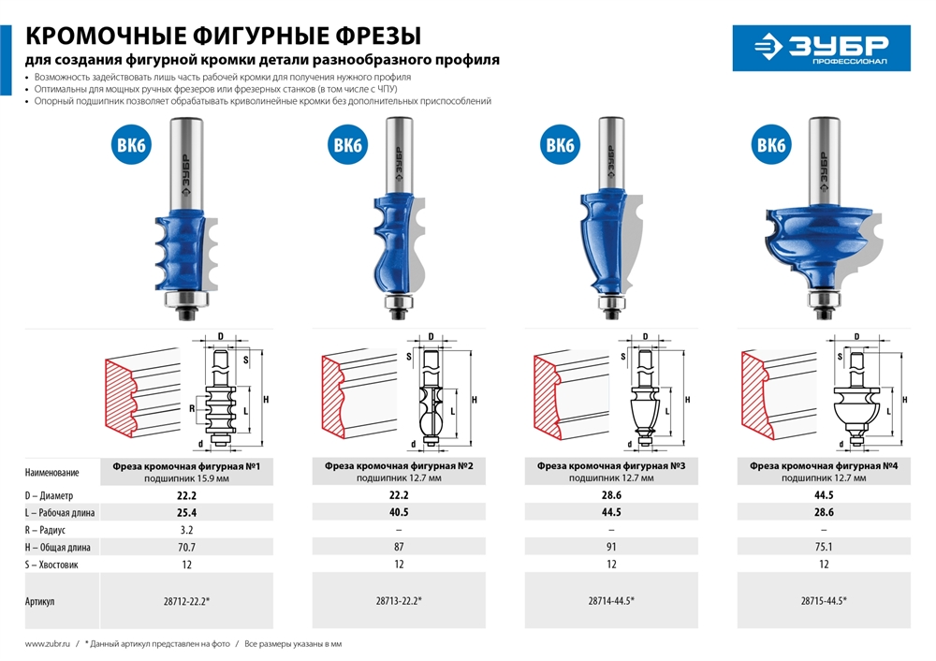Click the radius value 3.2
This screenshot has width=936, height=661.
186,530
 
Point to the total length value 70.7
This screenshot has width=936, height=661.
186,547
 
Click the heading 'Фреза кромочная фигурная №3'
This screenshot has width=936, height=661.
612,464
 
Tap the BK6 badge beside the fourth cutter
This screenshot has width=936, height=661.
769,146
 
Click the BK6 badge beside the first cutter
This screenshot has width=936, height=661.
134,146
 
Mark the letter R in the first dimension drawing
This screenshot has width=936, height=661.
190,409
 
